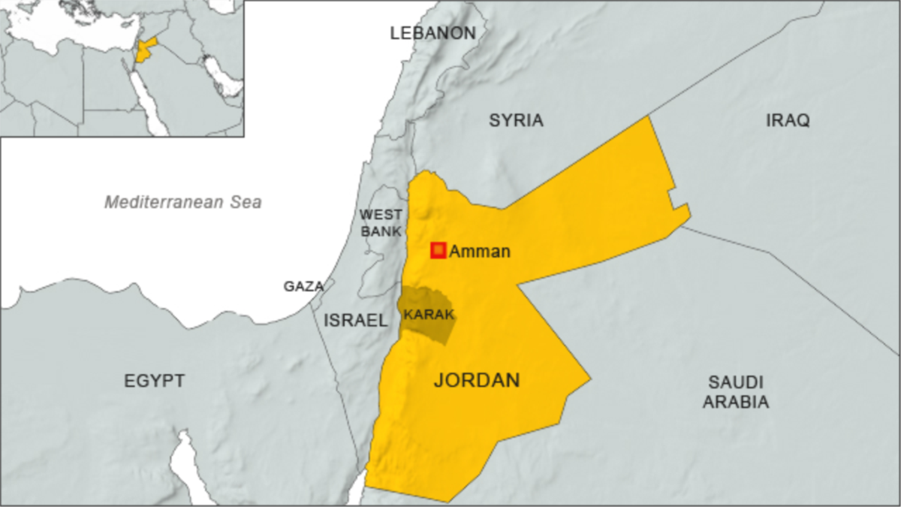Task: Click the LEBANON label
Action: point(432,33)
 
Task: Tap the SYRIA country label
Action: point(516,120)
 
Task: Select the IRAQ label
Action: point(788,120)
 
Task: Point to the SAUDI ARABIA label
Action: point(735,391)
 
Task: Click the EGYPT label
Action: point(154,381)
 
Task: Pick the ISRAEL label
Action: point(355,321)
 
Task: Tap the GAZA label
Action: point(303,286)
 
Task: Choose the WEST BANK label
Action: point(381,223)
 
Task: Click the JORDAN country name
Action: point(477,380)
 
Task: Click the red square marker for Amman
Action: point(438,251)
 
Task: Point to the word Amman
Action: point(479,252)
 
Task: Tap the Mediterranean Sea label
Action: point(182,202)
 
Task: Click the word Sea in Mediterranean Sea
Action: point(247,202)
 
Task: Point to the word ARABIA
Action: point(735,403)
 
